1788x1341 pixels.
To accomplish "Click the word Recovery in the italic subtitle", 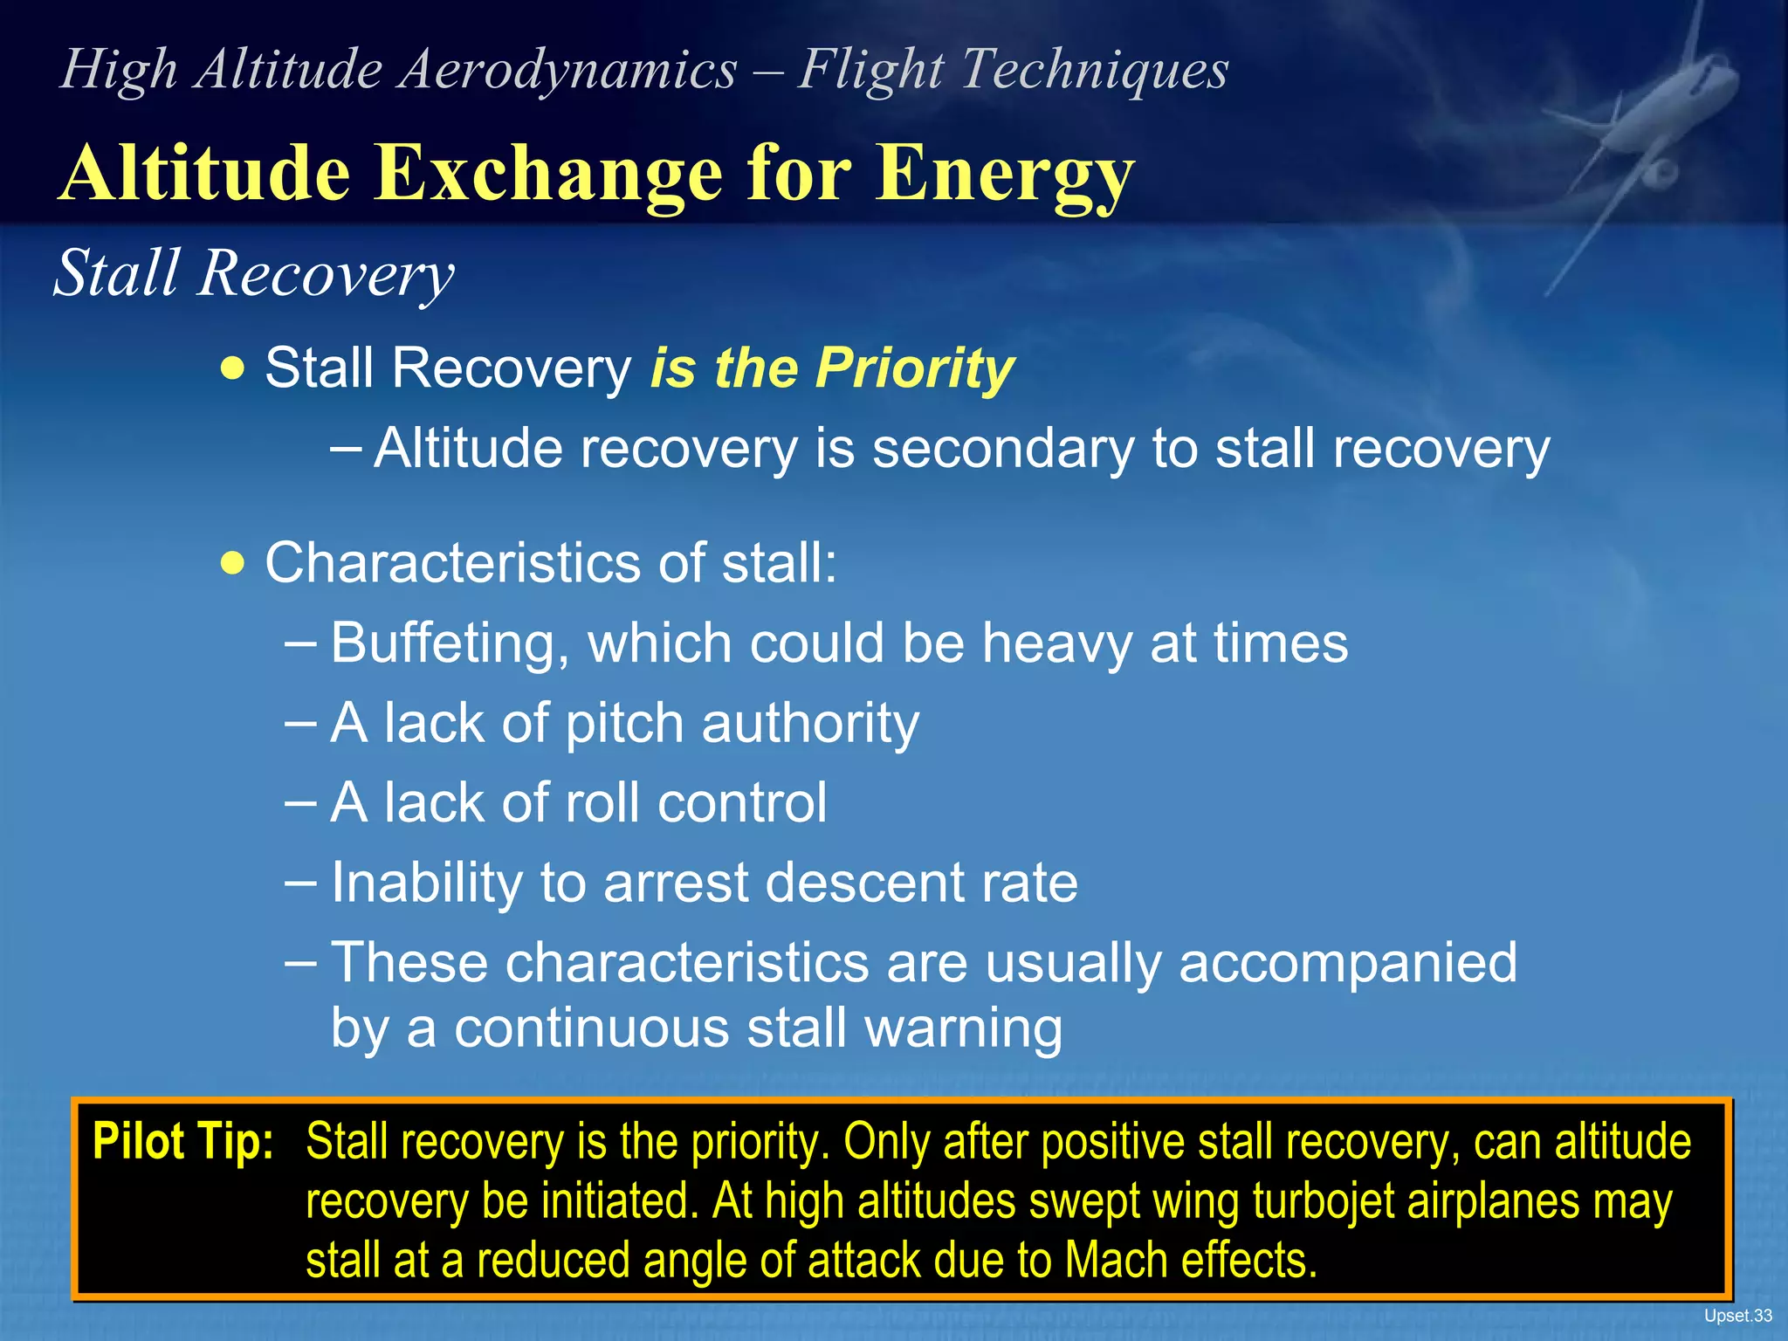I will coord(325,274).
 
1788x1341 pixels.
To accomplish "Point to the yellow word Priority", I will coord(914,368).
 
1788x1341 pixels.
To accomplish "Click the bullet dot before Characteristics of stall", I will coord(233,563).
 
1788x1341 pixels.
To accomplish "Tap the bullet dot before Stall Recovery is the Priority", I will coord(233,368).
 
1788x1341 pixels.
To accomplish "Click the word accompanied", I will coord(1347,963).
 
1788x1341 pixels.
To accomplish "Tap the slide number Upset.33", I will coord(1737,1316).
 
